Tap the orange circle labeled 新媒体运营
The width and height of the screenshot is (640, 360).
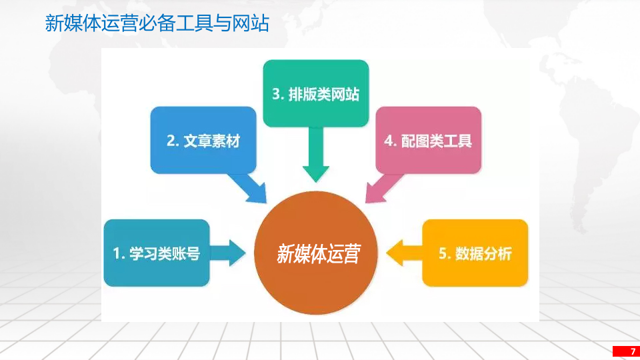tap(317, 254)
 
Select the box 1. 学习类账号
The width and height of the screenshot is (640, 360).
tap(156, 253)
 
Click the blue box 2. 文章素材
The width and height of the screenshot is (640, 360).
tap(203, 141)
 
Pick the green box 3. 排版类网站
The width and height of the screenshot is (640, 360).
tap(315, 94)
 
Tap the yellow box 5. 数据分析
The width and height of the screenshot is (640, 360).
tap(475, 253)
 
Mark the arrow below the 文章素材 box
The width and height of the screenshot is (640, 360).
tap(250, 188)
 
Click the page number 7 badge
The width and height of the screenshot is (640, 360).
tap(625, 351)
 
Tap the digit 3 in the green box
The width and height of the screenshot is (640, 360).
tap(276, 95)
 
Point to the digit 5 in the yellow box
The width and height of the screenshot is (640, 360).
tap(443, 254)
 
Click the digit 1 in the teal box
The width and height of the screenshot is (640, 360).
tap(116, 254)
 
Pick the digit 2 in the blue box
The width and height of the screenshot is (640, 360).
tap(171, 141)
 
